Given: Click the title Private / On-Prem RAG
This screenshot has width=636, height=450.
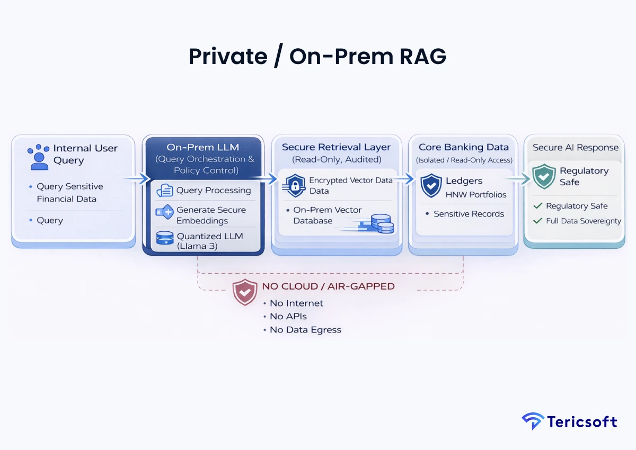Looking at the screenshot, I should (x=317, y=57).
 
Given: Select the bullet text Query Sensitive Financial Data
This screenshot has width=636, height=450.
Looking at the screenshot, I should (x=69, y=193).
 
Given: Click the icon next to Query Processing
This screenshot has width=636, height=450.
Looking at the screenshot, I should (x=165, y=191).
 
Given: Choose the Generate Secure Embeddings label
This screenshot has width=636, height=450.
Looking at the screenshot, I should (x=210, y=215).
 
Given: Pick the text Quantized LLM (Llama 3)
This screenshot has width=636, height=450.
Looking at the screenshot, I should (x=209, y=241).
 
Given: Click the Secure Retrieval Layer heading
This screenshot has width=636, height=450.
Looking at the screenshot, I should (x=336, y=147).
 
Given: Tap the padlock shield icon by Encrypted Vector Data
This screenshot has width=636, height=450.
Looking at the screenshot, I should (x=295, y=185).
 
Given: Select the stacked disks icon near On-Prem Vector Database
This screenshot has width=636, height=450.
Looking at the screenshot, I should (x=382, y=223).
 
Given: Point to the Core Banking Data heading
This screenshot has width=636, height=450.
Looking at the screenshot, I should (x=463, y=147).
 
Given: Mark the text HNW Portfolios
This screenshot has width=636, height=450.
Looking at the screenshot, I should (x=475, y=194).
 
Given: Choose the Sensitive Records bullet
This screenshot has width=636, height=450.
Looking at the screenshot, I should (x=469, y=214).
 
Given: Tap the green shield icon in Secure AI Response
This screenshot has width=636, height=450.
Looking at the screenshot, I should (x=544, y=176).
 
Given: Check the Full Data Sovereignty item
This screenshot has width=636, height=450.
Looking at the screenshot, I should (x=582, y=221).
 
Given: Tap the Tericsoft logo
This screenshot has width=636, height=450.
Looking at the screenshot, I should (x=569, y=421).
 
